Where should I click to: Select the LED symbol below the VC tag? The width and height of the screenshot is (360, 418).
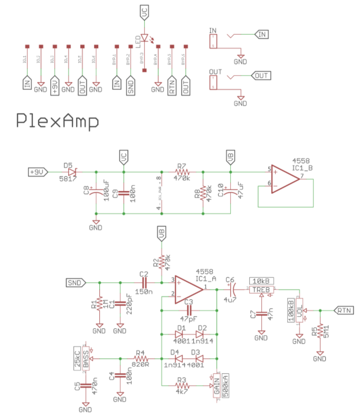coord(144,38)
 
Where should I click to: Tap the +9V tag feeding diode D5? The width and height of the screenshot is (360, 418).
coord(39,172)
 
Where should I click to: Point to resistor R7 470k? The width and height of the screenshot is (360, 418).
coord(182,172)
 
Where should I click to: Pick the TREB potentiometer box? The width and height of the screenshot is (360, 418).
coord(262,289)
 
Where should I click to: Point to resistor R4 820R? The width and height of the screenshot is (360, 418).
coord(140,359)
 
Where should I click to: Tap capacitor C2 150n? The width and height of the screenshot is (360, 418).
coord(144,283)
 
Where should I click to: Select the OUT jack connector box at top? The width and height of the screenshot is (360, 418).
coord(213,81)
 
